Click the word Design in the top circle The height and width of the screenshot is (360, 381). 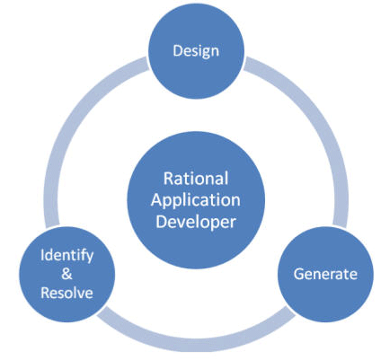coord(196,51)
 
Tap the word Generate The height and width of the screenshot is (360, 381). coord(325,274)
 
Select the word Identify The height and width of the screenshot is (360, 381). coord(66,256)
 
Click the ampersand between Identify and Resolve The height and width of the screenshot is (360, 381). coord(66,274)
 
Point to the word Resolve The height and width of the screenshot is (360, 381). coord(66,293)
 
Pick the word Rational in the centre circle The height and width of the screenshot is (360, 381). coord(196,179)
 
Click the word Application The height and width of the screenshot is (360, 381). coord(196,201)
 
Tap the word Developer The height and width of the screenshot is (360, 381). coord(196,223)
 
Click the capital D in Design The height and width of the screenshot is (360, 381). coord(178,50)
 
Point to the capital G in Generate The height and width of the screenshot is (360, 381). coord(299,274)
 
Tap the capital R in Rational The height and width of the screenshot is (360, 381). coord(168,179)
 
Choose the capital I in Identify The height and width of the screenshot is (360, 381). coord(42,255)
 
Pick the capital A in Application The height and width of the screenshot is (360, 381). coord(157,200)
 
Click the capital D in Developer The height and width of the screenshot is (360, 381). coord(162,222)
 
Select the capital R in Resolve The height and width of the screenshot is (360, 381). coord(46,293)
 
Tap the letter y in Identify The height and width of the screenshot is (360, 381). coord(89,258)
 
